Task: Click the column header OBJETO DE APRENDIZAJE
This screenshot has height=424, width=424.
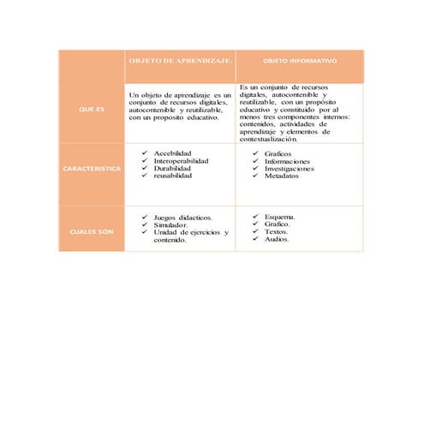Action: (180, 62)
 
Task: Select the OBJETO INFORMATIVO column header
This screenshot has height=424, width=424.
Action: (299, 62)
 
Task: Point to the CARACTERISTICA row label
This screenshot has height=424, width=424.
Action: (92, 169)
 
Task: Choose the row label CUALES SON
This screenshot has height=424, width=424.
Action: (91, 232)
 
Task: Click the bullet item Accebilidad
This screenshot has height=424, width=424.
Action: (172, 152)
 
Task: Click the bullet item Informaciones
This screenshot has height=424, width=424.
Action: (287, 161)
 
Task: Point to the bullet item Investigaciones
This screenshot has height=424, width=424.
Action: (290, 169)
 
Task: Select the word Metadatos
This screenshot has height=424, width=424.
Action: (282, 176)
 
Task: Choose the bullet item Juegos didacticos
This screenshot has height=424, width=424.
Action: (183, 218)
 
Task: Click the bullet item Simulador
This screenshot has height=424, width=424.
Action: (171, 225)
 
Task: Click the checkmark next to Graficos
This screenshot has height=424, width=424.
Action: (254, 153)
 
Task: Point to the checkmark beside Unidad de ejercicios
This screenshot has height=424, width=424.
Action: (143, 233)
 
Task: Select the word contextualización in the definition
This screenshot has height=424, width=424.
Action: (269, 140)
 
